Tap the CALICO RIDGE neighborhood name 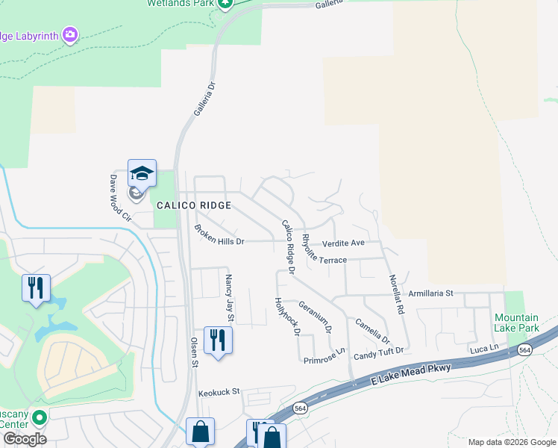[192, 205]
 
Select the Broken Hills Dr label [219, 235]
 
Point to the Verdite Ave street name [343, 243]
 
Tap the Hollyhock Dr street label [286, 315]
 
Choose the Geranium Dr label [315, 317]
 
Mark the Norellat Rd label [396, 293]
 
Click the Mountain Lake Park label [516, 323]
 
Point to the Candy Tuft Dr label [378, 350]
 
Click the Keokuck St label [219, 391]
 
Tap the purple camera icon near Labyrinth [70, 34]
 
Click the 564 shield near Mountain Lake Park [525, 350]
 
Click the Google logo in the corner [25, 439]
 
